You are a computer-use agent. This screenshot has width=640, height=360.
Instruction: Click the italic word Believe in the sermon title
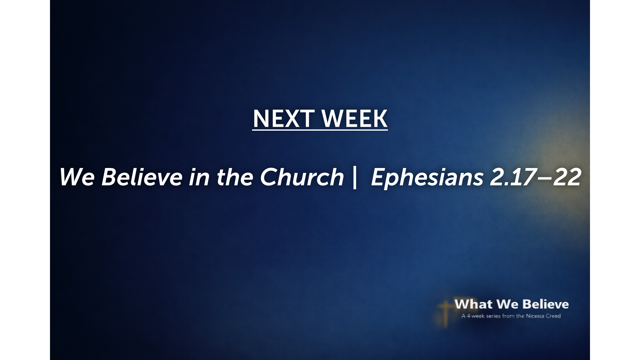tap(142, 177)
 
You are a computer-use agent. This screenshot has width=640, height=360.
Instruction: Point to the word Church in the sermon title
tap(302, 177)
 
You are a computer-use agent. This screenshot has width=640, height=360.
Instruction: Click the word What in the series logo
tap(473, 304)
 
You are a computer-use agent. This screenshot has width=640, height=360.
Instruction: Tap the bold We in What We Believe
tap(507, 304)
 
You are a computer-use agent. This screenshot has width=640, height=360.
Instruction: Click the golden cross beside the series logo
tap(445, 313)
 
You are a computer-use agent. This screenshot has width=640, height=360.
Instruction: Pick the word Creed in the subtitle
tap(553, 316)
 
